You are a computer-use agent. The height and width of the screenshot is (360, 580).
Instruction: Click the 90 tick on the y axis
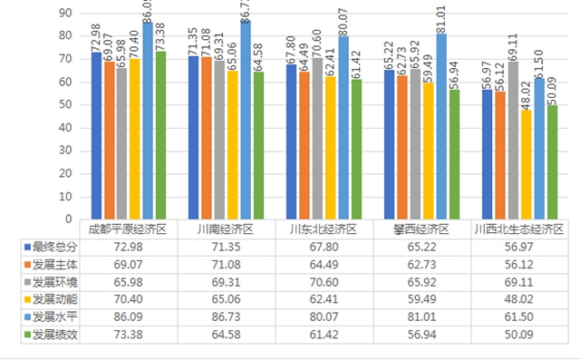pyautogui.click(x=66, y=14)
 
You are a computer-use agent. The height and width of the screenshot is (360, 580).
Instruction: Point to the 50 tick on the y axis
pyautogui.click(x=66, y=105)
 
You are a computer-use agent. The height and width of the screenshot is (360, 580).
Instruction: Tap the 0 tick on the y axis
pyautogui.click(x=69, y=219)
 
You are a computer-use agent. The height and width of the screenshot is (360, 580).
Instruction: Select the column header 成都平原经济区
pyautogui.click(x=127, y=229)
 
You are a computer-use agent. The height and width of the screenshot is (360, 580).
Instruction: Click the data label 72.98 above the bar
pyautogui.click(x=95, y=35)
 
